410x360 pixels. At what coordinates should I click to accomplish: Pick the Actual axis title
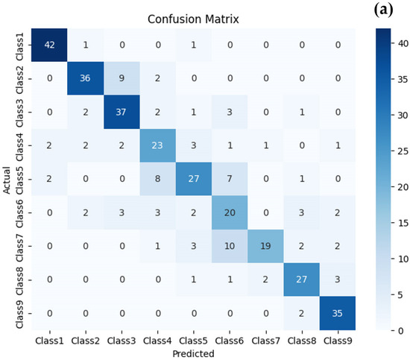pyautogui.click(x=7, y=179)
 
